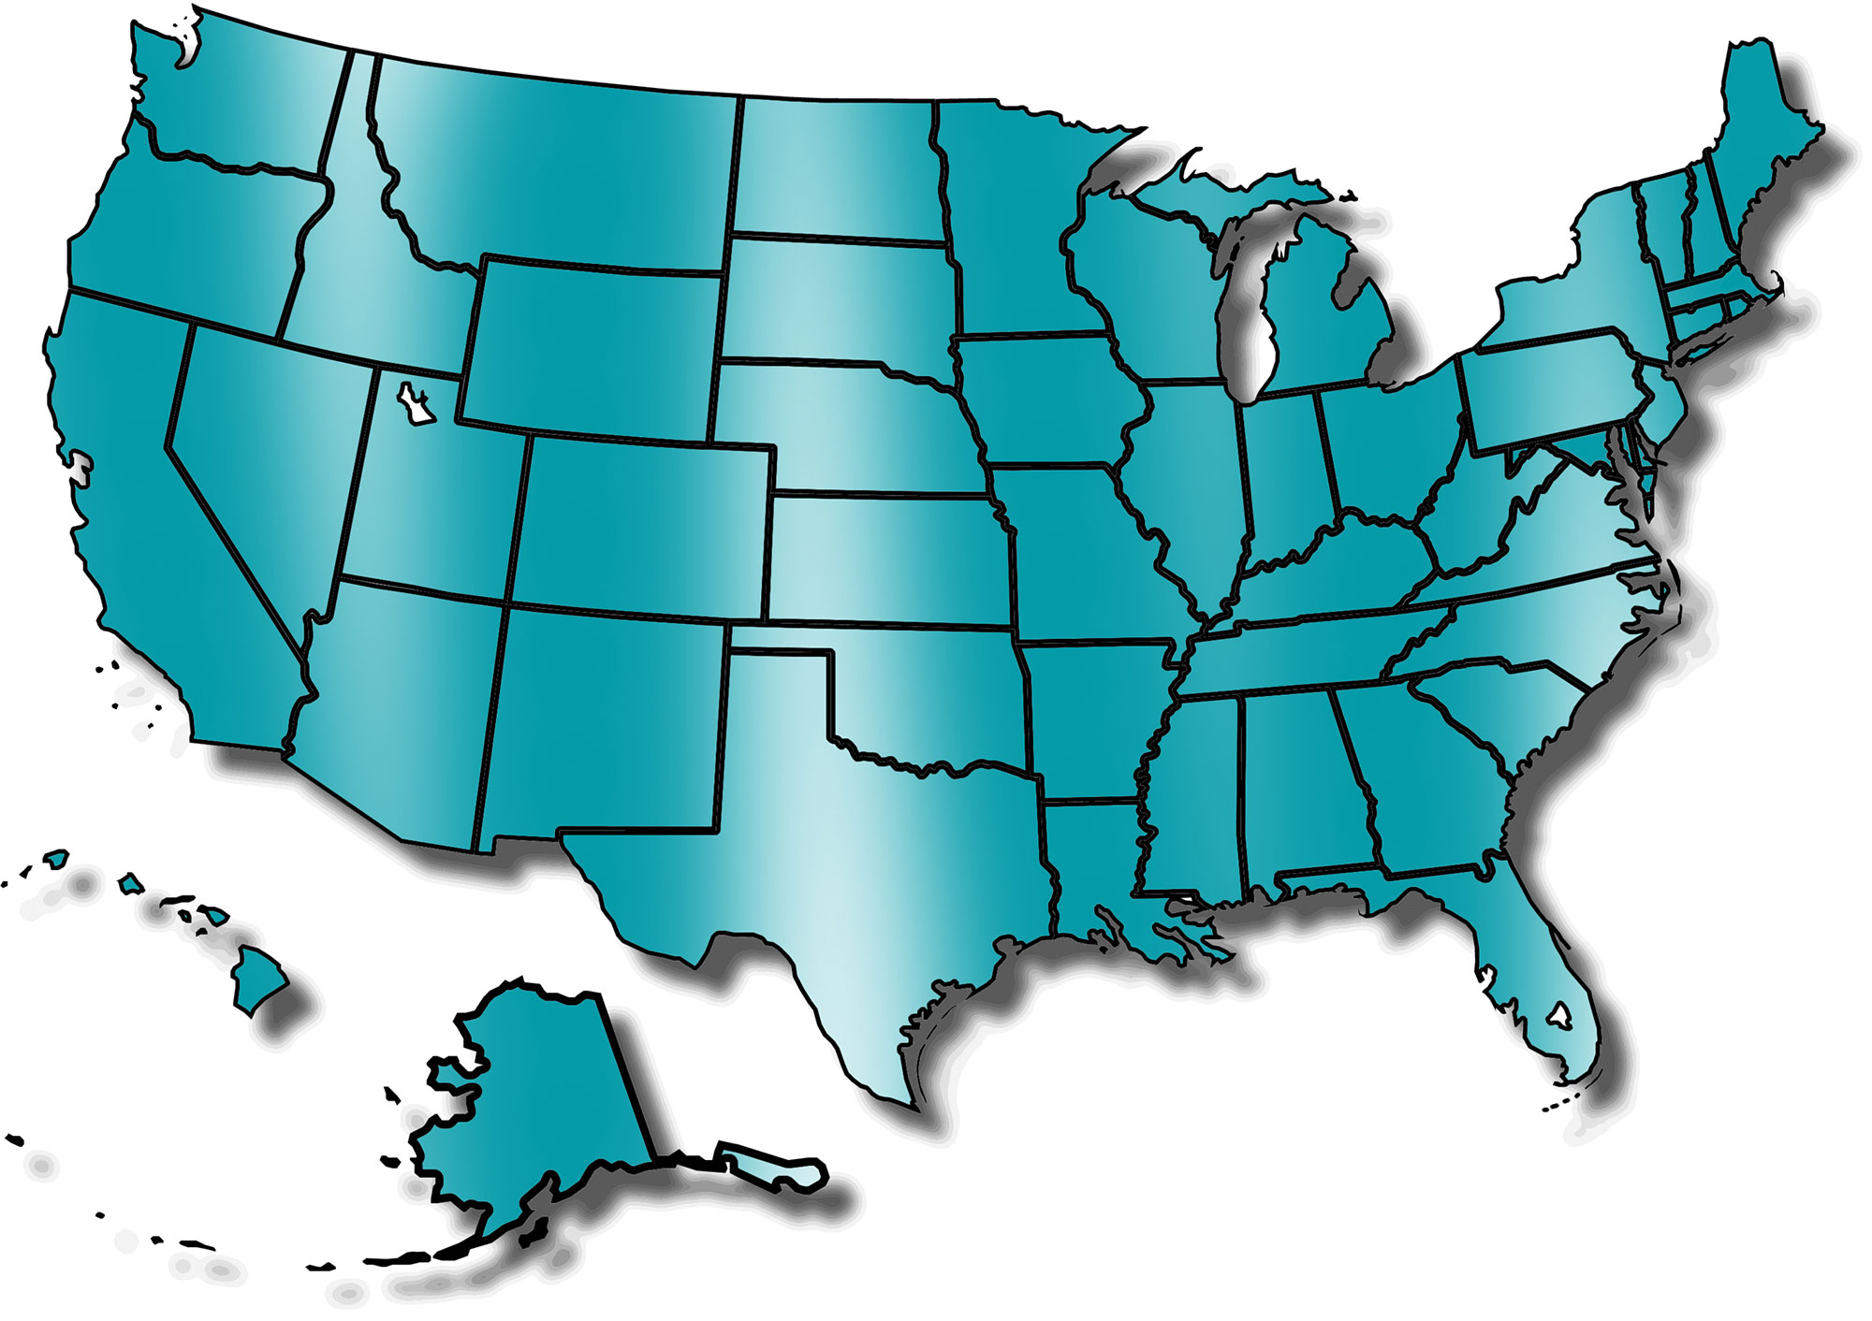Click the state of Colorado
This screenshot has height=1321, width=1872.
click(x=641, y=529)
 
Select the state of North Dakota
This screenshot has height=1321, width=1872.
click(x=833, y=168)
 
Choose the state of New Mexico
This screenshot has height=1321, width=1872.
click(x=604, y=720)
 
